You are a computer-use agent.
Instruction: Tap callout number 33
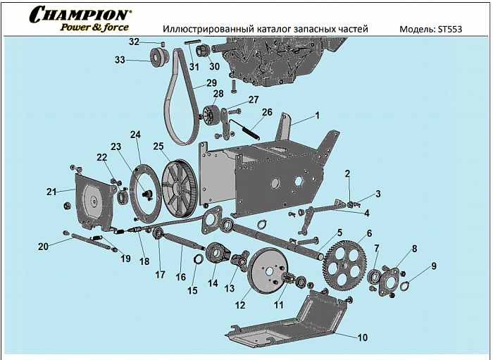tap(120, 61)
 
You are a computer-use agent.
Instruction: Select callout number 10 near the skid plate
tap(361, 337)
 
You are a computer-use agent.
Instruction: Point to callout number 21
tap(51, 192)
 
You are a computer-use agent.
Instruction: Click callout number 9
tap(434, 266)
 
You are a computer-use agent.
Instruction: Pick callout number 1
tap(317, 115)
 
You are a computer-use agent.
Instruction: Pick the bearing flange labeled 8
tap(388, 279)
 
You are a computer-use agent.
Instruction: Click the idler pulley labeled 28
tap(211, 113)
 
